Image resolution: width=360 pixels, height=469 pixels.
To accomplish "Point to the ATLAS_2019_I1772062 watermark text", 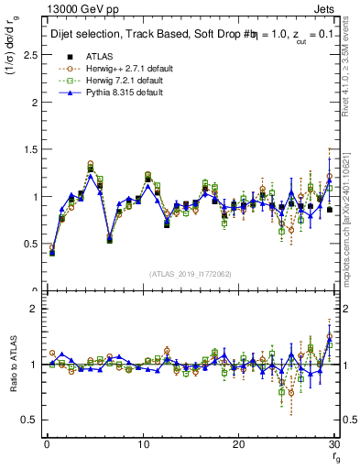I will pos(191,274).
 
